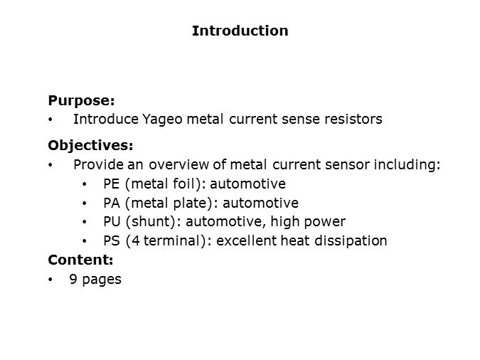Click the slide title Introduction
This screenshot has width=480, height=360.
point(240,31)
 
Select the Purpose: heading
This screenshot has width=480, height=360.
point(82,101)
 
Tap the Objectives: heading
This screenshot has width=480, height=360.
point(90,146)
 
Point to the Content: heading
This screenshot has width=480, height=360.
point(80,260)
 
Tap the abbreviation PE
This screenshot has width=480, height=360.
point(111,184)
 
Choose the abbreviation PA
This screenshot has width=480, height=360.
point(112,203)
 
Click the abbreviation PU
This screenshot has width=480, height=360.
point(112,221)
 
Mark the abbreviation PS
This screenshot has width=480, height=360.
point(112,240)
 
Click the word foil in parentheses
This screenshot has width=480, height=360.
point(184,184)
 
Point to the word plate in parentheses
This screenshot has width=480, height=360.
point(191,203)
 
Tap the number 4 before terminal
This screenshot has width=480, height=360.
point(136,240)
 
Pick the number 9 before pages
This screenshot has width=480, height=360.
point(73,279)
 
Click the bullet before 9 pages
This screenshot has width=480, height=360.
point(50,280)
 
